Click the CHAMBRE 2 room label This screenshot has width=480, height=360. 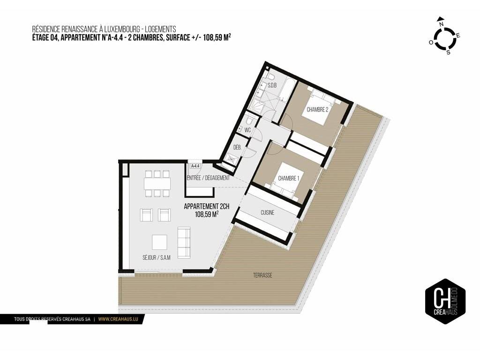317,109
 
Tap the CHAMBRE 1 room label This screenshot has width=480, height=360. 288,178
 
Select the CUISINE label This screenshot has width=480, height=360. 267,212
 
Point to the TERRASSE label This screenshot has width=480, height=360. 262,275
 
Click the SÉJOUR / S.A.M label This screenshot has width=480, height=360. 157,258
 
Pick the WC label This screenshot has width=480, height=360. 247,130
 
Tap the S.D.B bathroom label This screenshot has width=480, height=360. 272,85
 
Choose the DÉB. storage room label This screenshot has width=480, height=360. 238,147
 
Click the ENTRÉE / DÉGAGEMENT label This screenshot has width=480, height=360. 208,178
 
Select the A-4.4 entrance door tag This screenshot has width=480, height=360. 195,166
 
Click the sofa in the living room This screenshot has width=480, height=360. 184,242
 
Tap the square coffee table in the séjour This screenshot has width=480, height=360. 160,242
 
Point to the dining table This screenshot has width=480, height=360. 157,184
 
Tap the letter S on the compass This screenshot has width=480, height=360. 449,52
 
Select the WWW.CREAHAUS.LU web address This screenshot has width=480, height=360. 118,319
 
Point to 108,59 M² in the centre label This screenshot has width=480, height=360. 207,214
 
